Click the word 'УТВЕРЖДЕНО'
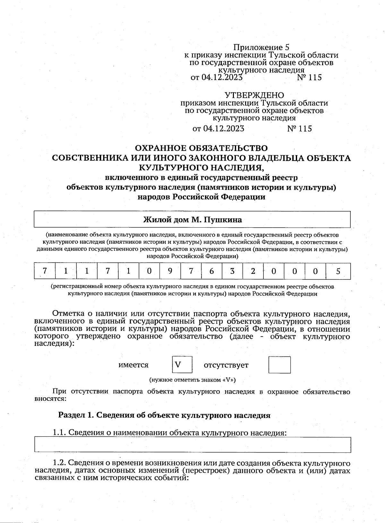(x=254, y=95)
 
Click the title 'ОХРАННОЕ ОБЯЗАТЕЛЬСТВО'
(x=201, y=148)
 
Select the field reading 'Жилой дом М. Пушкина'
(x=192, y=220)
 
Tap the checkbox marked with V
(x=182, y=365)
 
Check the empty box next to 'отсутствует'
(x=279, y=365)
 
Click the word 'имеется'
(x=133, y=365)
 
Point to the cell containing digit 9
(x=170, y=271)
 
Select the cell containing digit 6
(x=211, y=271)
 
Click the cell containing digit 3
(x=232, y=271)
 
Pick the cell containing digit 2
(x=253, y=271)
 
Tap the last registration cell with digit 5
(x=338, y=271)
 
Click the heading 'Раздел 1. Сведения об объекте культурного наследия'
(x=164, y=415)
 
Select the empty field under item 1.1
(x=192, y=444)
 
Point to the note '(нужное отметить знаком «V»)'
(x=192, y=380)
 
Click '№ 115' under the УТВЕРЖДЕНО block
(x=299, y=129)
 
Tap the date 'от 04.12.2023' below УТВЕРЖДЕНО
(x=218, y=129)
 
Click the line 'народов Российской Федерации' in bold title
(x=201, y=197)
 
